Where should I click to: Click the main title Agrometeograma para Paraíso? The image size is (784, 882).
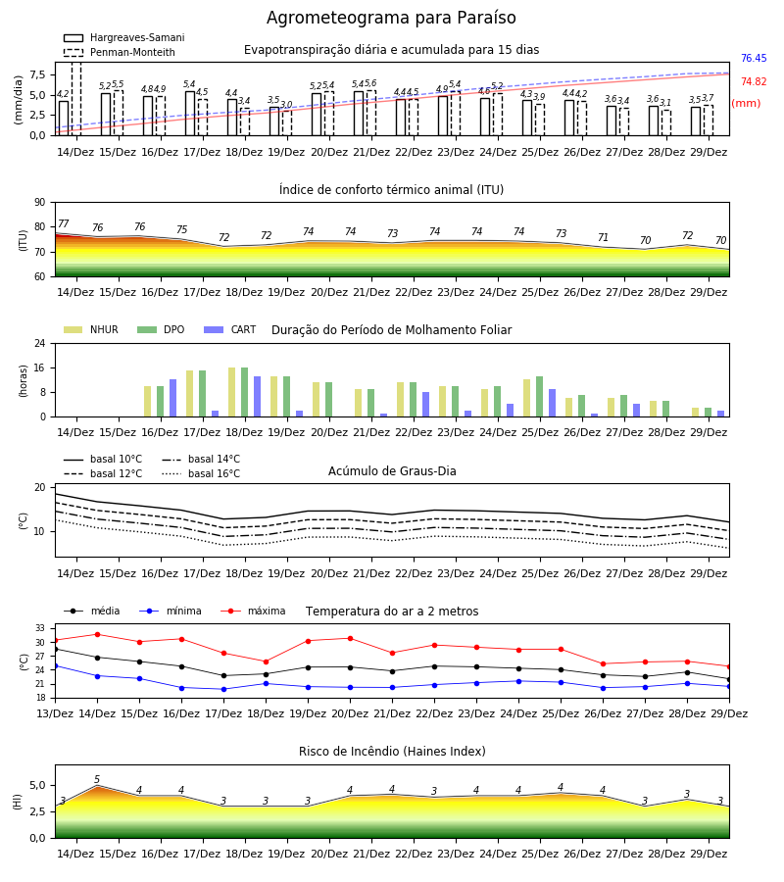(391, 18)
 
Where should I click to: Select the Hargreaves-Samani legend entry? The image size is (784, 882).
(124, 37)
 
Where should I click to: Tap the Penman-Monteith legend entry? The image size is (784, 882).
(120, 52)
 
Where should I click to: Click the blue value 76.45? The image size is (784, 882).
(754, 58)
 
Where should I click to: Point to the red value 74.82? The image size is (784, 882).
(754, 81)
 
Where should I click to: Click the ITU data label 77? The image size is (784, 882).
(63, 223)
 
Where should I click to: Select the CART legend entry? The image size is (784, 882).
(230, 329)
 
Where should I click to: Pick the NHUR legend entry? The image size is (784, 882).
(91, 329)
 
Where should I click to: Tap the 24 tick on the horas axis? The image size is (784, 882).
(40, 344)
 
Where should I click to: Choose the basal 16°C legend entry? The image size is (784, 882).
(201, 473)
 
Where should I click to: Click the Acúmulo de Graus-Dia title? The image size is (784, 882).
(392, 470)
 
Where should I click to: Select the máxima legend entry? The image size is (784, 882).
(253, 611)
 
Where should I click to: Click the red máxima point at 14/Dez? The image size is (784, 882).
(97, 634)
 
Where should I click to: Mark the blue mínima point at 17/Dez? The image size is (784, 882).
(223, 689)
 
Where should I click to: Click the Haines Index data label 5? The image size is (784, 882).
(97, 780)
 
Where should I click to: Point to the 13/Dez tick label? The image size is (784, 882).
(55, 713)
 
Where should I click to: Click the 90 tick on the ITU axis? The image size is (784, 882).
(40, 203)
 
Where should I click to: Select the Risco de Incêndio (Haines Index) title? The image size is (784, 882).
(392, 752)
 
